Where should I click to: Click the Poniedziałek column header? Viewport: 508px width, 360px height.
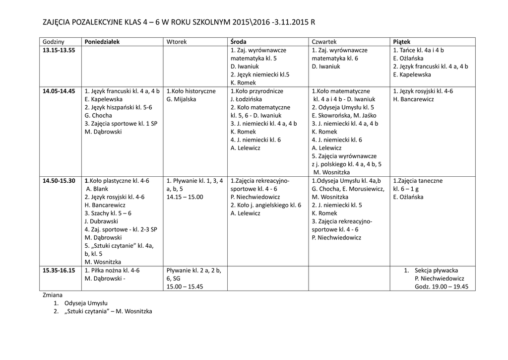(x=102, y=42)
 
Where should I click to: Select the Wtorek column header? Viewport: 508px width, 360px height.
(x=177, y=42)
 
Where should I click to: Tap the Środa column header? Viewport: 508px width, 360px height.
(x=239, y=42)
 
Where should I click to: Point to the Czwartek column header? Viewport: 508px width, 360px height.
(x=324, y=42)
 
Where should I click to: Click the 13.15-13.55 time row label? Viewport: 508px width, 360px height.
(x=59, y=50)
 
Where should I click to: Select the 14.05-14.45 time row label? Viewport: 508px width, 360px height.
(x=59, y=91)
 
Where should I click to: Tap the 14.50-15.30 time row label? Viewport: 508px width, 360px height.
(x=59, y=181)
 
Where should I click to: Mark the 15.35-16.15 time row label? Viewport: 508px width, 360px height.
(x=59, y=271)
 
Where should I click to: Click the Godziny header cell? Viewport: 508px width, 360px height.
(x=54, y=42)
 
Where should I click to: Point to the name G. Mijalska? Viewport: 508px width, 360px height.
(x=181, y=99)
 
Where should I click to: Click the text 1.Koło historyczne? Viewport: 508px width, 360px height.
(x=191, y=91)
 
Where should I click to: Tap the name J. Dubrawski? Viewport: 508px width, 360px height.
(x=101, y=221)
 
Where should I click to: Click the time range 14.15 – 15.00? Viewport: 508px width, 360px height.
(x=185, y=197)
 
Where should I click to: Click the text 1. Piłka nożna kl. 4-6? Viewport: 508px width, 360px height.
(x=112, y=271)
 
